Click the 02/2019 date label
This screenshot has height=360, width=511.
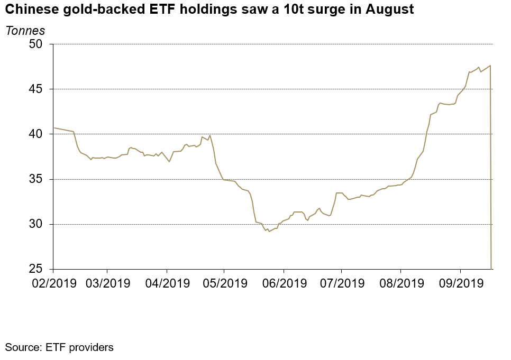pyautogui.click(x=54, y=283)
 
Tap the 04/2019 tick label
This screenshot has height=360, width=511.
pyautogui.click(x=167, y=283)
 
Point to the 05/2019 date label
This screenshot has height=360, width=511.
pyautogui.click(x=224, y=283)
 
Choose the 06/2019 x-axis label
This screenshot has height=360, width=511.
pyautogui.click(x=283, y=283)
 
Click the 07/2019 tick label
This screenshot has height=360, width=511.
pyautogui.click(x=341, y=283)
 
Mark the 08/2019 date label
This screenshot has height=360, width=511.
pyautogui.click(x=400, y=283)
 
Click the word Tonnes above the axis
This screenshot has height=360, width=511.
pyautogui.click(x=25, y=31)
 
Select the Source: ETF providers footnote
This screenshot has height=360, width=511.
pyautogui.click(x=59, y=347)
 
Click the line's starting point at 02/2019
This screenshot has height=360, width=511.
pyautogui.click(x=54, y=128)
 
